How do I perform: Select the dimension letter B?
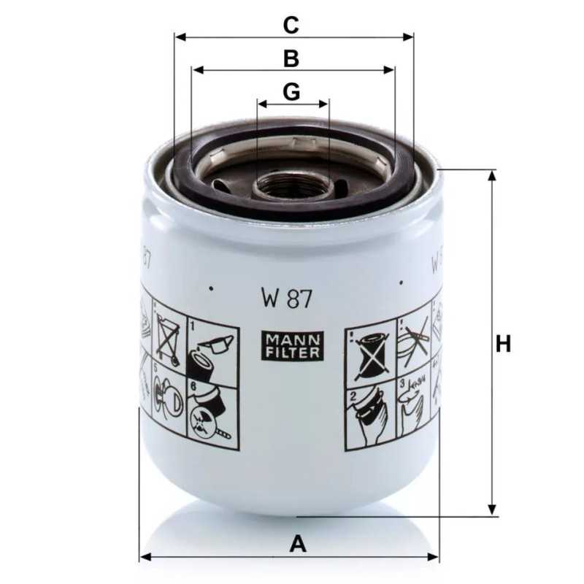pos(291,58)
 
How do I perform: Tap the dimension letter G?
pos(291,92)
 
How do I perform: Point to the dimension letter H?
pos(503,343)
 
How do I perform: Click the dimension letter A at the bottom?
pos(297,543)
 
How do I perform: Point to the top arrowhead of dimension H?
pos(493,176)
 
